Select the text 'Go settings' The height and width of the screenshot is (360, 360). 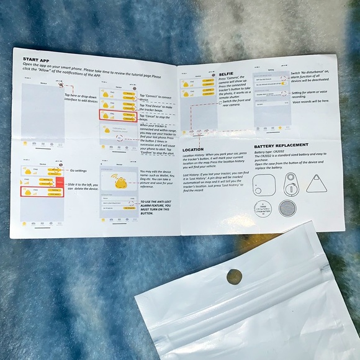pos(79,169)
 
